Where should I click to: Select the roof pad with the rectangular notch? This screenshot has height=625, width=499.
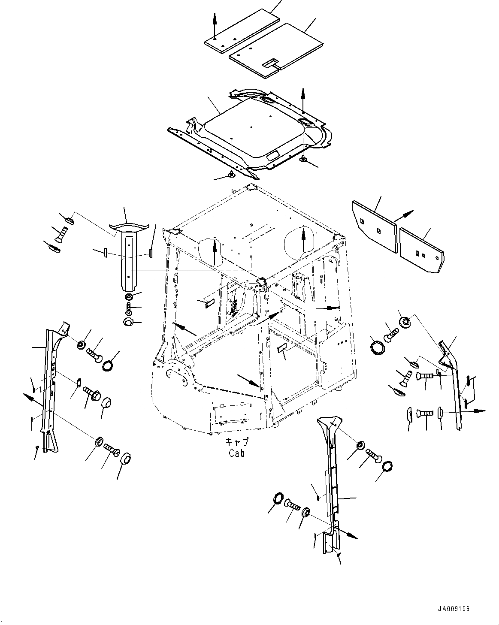tap(277, 51)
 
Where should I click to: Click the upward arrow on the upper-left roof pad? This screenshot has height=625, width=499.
tap(215, 24)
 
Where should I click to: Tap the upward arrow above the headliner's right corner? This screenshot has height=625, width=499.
tap(303, 101)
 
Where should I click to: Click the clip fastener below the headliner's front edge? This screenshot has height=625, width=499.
tap(231, 174)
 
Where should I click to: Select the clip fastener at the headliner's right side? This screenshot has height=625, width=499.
tap(303, 160)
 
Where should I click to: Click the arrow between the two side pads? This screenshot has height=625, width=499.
tap(404, 216)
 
